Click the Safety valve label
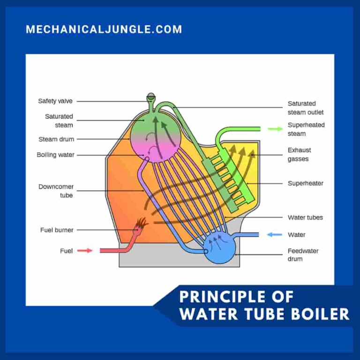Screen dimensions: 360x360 (56, 101)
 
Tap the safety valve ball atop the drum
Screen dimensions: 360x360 (151, 97)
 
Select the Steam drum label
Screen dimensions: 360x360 (56, 139)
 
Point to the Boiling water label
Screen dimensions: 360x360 (55, 155)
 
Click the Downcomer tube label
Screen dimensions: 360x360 (56, 191)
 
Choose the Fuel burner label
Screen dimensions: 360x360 (57, 230)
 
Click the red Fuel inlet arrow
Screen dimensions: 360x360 (84, 251)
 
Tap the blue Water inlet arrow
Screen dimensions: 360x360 (275, 234)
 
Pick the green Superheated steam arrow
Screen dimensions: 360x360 (275, 129)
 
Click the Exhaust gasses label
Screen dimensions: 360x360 (299, 155)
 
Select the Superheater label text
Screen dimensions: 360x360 (305, 183)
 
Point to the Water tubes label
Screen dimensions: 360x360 (305, 217)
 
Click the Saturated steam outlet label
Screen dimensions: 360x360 (305, 108)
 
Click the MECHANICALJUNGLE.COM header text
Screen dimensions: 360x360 (104, 29)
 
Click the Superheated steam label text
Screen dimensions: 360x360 (306, 129)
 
